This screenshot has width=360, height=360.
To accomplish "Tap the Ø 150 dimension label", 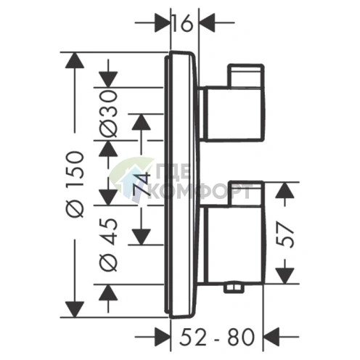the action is [x=77, y=184].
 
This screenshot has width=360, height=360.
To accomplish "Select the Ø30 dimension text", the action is [x=109, y=114].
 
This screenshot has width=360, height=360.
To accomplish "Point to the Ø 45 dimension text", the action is [x=109, y=245].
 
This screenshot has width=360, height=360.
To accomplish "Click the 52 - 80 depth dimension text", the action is [x=217, y=337].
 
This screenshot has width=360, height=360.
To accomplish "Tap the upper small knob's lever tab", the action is [x=245, y=75].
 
